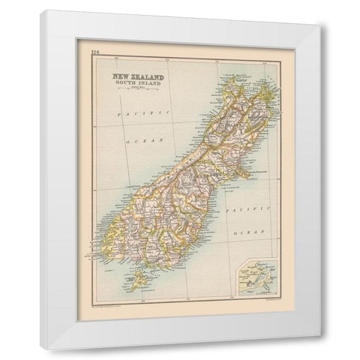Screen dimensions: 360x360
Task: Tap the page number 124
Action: tap(93, 52)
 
